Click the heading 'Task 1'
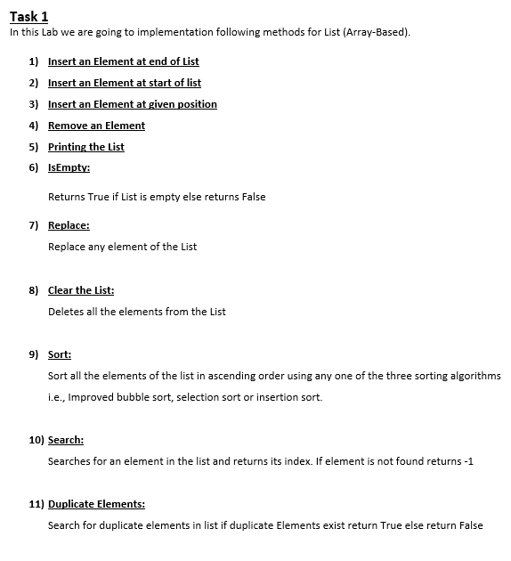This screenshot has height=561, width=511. pos(28,16)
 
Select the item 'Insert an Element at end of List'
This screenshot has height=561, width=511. pos(123,61)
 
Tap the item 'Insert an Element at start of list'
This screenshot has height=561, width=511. pos(124,83)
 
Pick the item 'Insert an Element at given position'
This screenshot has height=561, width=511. pos(132,104)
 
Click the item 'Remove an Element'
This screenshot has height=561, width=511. pos(96,126)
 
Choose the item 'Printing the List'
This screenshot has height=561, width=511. pos(85,147)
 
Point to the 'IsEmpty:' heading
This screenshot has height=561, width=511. pos(69,168)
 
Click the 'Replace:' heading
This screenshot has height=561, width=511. pos(69,226)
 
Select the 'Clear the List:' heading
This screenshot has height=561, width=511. pos(81,290)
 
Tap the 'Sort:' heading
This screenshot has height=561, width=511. pos(60,354)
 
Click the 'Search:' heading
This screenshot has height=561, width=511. pos(66,440)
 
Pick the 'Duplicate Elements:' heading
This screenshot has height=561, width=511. pos(96,504)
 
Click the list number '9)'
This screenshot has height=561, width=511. pos(33,354)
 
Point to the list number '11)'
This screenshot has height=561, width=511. pos(36,504)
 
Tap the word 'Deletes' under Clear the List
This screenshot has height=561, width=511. pos(66,312)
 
